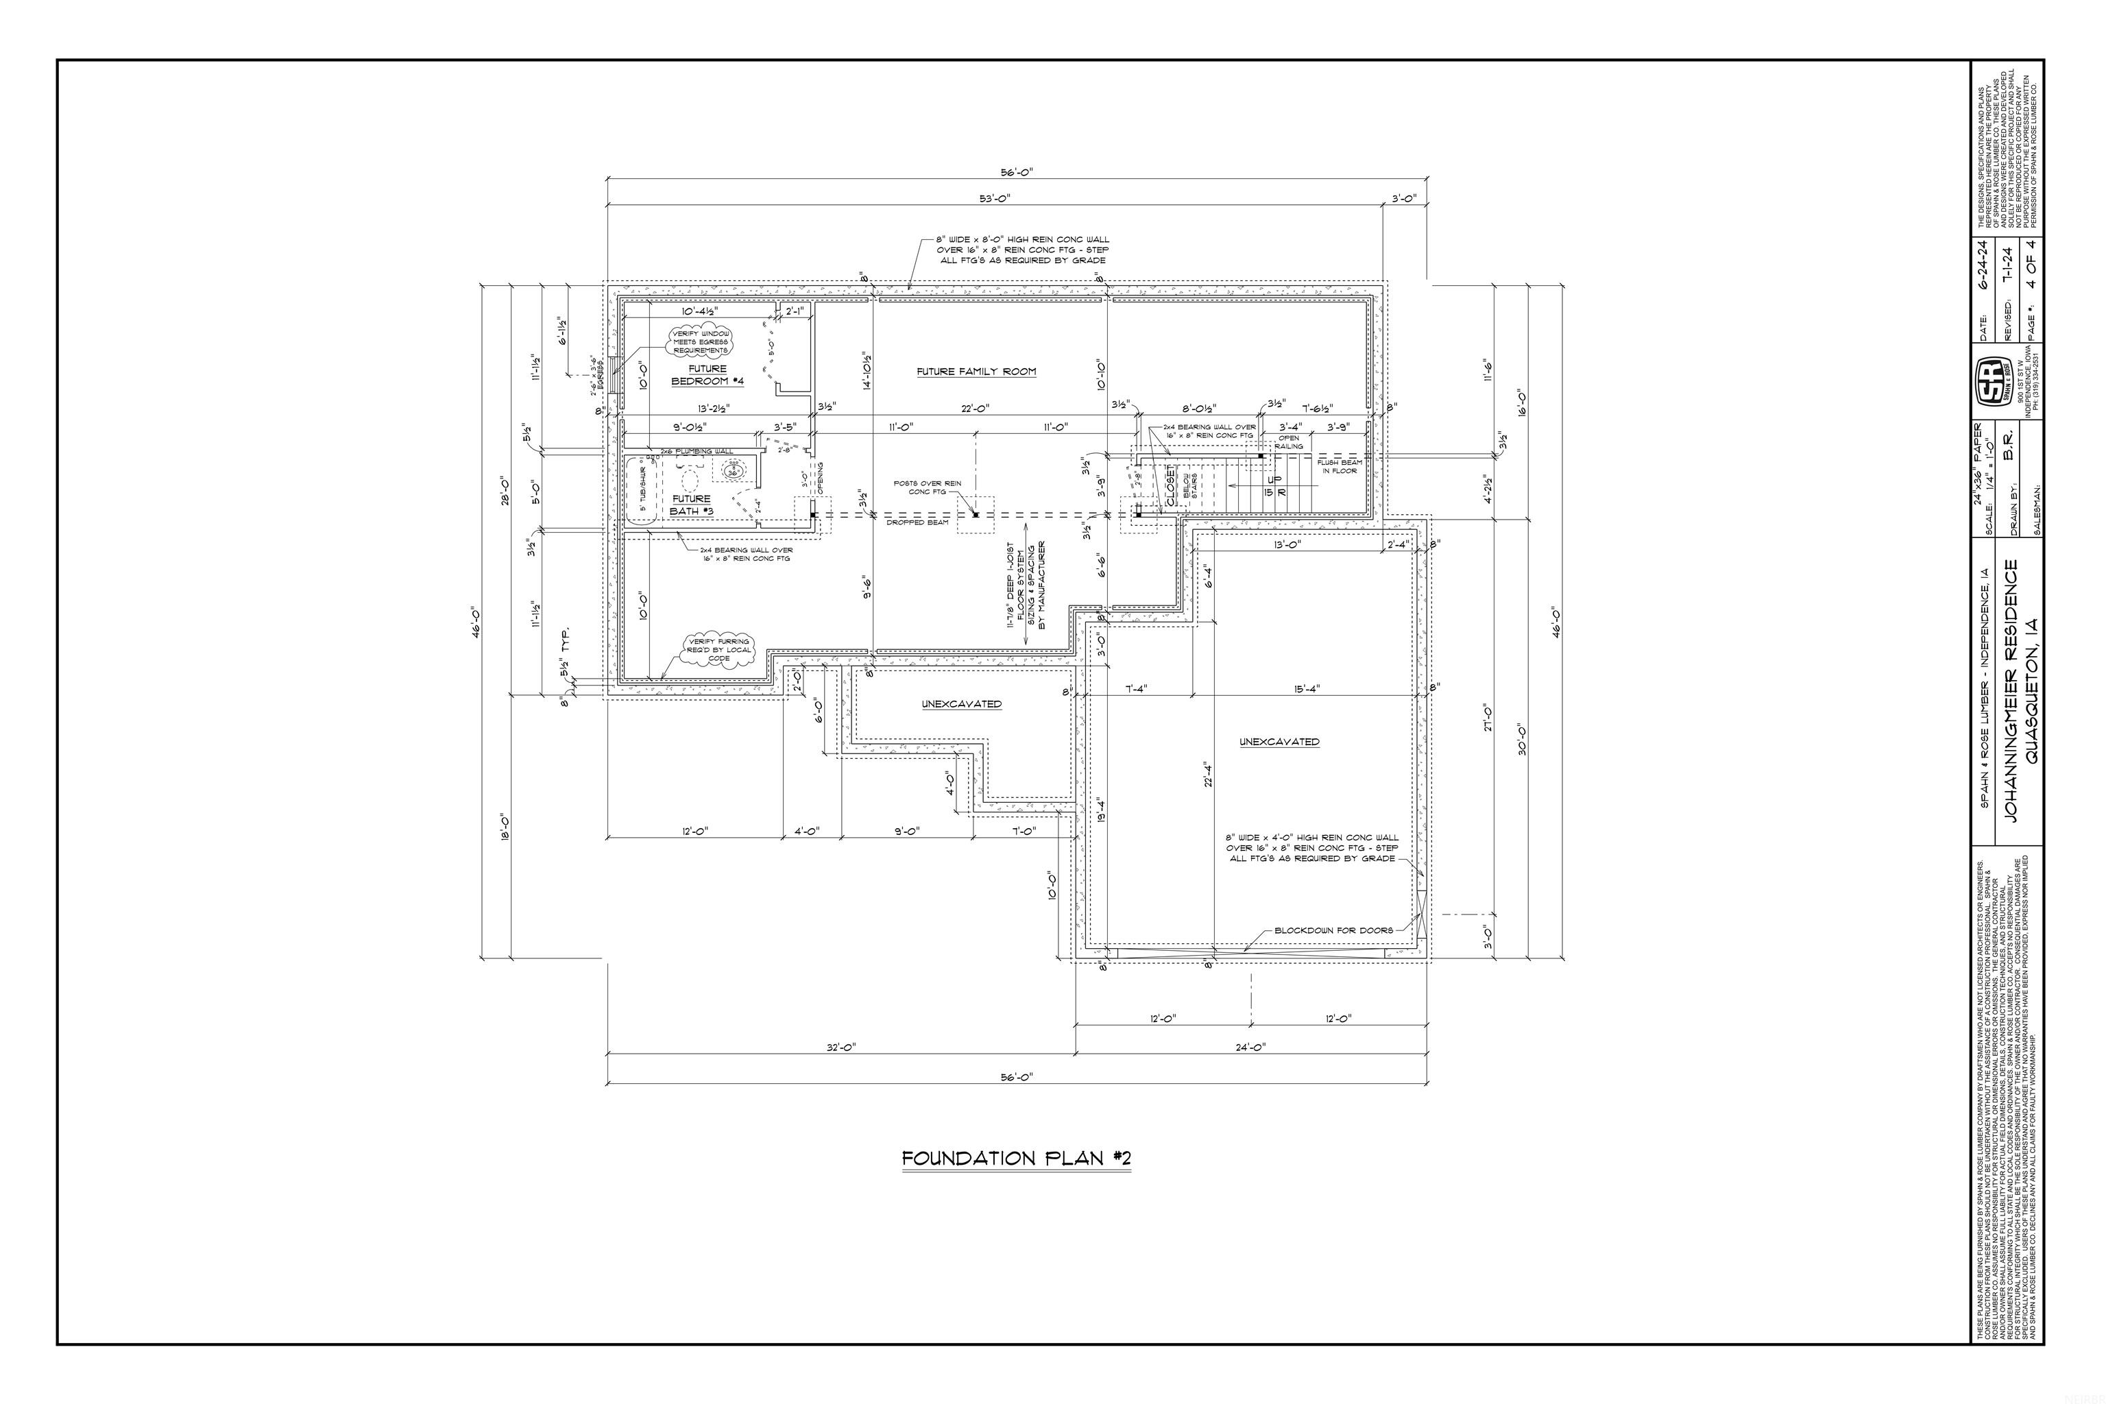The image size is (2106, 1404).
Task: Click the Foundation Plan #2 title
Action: coord(1016,1159)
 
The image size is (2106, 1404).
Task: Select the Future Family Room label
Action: coord(976,372)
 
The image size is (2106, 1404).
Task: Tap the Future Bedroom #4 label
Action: coord(708,375)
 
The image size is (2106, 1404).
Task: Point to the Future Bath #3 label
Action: coord(691,505)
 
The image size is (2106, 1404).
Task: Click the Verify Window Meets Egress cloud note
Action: coord(701,342)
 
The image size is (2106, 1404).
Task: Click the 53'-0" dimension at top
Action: coord(997,197)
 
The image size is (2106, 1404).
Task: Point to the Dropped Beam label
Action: coord(917,522)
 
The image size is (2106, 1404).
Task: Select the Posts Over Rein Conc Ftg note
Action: coord(927,487)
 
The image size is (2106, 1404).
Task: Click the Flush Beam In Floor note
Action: coord(1340,466)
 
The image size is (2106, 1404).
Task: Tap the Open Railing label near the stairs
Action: coord(1290,442)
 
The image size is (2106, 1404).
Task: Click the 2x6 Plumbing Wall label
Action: coord(696,451)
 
